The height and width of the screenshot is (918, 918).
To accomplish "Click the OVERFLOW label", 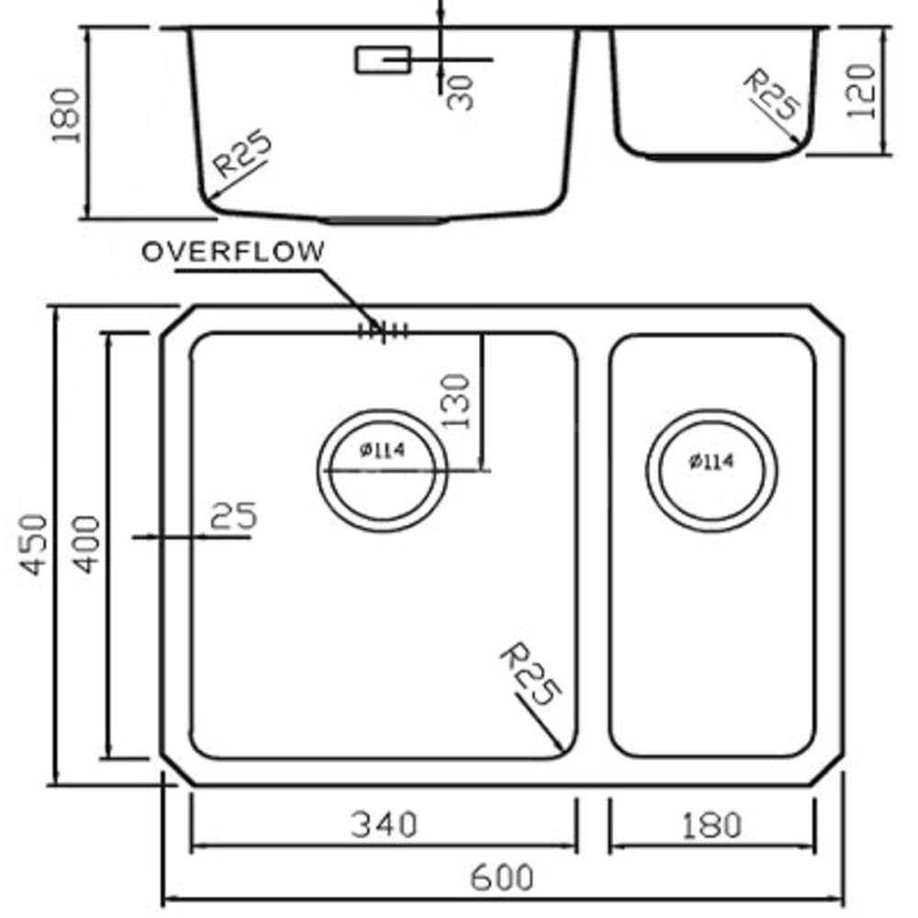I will click(x=233, y=252).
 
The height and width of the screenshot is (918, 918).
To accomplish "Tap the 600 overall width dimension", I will click(x=501, y=878).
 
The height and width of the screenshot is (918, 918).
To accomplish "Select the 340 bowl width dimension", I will click(x=384, y=824).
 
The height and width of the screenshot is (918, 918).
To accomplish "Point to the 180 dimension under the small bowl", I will click(x=711, y=824).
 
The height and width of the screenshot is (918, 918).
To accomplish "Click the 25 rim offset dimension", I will click(x=233, y=516).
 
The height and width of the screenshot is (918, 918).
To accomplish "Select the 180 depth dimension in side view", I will click(x=67, y=117).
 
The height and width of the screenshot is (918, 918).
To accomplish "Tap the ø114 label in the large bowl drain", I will click(x=384, y=450).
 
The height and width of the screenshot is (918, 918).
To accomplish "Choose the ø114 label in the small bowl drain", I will click(x=711, y=462).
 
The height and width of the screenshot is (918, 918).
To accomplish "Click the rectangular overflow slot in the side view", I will click(x=382, y=61).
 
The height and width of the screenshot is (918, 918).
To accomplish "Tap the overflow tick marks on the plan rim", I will click(x=383, y=331).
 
